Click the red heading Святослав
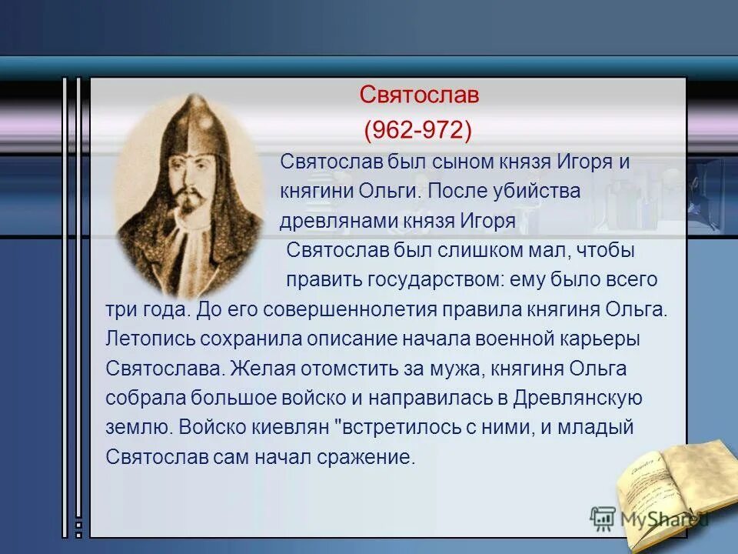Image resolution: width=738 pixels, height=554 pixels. click(420, 95)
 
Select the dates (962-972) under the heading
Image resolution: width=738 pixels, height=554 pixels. click(417, 129)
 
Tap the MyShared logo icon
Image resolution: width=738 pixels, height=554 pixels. click(603, 519)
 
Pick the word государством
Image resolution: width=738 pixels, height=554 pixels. click(435, 280)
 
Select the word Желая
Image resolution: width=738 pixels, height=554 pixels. click(261, 369)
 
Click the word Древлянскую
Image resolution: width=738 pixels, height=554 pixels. click(578, 398)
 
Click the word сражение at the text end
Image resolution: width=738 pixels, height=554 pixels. click(366, 457)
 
